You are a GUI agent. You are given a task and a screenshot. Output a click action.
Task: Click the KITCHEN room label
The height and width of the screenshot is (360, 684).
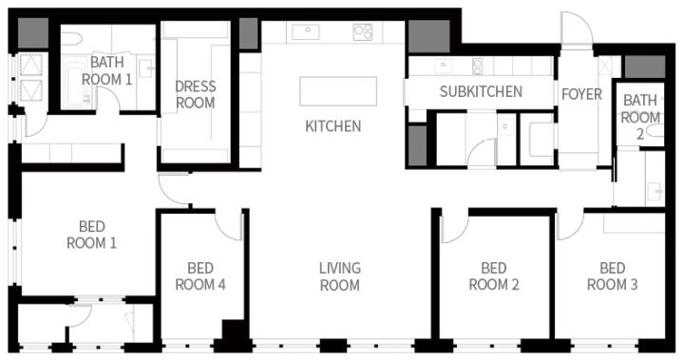point(332,126)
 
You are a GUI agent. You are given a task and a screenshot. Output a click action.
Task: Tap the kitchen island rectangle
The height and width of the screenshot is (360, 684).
point(338,91)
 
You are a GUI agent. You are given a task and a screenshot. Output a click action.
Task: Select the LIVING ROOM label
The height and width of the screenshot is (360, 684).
point(340,276)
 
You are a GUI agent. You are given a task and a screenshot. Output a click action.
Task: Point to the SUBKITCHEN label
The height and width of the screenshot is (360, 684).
point(481,91)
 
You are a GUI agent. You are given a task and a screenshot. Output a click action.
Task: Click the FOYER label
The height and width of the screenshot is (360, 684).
point(581,94)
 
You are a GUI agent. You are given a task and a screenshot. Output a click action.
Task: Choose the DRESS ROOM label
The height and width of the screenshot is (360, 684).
point(195,95)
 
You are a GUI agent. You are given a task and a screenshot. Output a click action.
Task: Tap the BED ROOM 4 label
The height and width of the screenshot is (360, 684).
point(200,276)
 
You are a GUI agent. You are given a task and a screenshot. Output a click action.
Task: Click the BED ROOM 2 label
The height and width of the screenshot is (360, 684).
point(494,276)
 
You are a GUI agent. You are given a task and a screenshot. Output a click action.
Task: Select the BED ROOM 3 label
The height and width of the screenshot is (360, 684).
point(613,276)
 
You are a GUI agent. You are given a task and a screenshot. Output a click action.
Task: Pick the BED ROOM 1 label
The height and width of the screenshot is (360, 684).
point(91,235)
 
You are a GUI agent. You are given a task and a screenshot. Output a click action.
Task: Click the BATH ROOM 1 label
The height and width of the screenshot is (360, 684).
point(106,70)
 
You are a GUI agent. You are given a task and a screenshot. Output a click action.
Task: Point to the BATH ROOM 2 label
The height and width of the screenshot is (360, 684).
point(640,116)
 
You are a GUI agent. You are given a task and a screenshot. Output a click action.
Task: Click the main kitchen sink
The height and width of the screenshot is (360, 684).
point(305,32)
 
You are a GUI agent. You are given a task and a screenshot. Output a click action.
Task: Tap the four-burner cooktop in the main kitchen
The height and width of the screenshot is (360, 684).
point(363,32)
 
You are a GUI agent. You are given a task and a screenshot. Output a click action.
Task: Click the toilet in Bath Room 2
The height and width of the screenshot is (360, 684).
point(655,130)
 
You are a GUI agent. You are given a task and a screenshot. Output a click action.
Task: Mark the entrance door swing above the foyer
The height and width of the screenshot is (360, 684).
point(577,28)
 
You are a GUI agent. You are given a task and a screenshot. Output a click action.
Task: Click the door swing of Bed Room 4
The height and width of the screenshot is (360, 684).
point(229,226)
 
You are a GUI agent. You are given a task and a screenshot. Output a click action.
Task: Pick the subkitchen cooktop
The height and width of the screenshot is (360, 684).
point(477,66)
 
